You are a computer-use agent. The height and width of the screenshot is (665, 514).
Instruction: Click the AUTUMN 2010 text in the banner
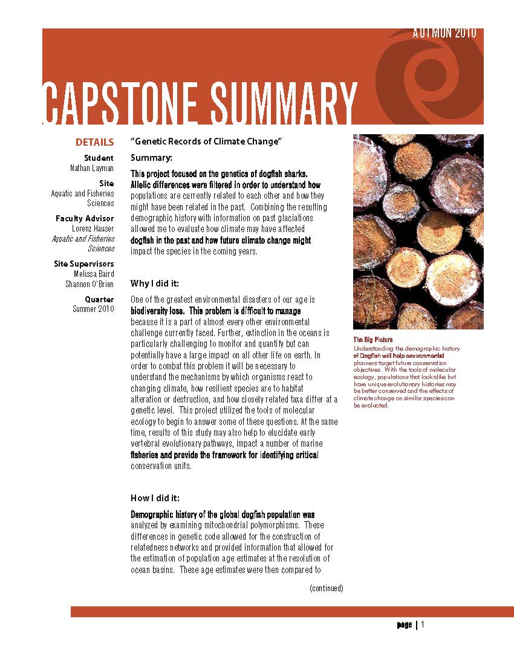pos(444,33)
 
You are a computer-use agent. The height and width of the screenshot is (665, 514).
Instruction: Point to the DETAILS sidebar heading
pos(94,143)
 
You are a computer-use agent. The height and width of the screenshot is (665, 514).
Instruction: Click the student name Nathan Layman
pos(92,168)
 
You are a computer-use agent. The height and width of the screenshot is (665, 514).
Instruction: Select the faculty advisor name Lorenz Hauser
pos(93,229)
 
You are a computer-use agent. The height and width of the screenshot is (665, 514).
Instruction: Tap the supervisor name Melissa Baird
pos(94,274)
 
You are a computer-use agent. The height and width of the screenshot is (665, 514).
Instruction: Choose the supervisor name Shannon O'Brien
pos(89,284)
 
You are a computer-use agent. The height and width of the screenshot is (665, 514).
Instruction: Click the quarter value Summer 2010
pos(93,309)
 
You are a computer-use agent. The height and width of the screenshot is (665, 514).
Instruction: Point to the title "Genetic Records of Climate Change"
pos(207,141)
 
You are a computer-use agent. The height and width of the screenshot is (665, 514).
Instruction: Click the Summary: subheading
pos(151,158)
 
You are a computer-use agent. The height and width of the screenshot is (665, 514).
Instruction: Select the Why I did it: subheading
pos(155,283)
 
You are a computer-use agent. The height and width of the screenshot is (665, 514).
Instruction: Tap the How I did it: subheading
pos(155,498)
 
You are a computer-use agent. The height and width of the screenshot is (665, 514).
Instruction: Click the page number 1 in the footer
pos(423,624)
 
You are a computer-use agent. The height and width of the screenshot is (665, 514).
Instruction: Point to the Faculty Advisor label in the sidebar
pos(85,218)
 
